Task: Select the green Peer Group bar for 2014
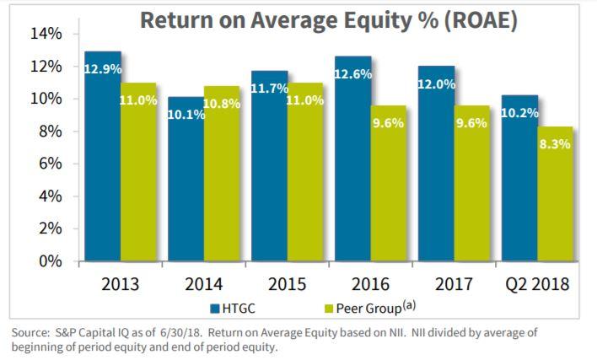click(x=222, y=181)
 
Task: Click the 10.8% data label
click(x=222, y=104)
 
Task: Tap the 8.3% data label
click(x=555, y=144)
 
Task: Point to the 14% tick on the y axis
click(x=47, y=34)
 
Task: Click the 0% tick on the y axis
click(x=51, y=262)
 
